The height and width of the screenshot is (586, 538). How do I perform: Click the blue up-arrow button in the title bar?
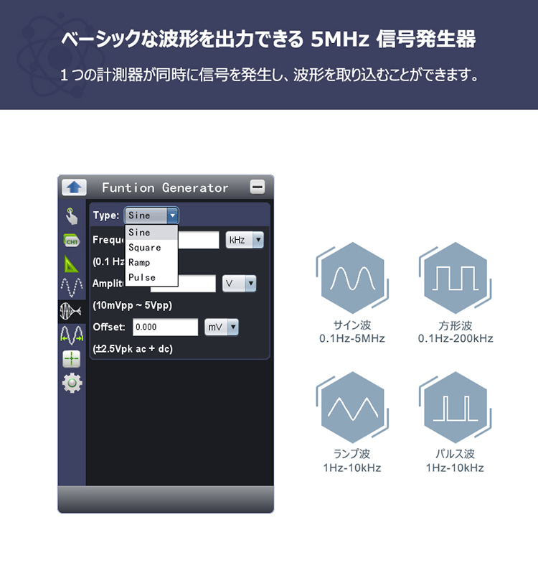[x=74, y=187]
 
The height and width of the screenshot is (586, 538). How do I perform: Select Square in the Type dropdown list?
[x=144, y=248]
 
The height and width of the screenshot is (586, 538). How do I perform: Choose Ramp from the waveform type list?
[x=139, y=262]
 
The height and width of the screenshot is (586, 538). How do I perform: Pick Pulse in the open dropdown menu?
[x=142, y=277]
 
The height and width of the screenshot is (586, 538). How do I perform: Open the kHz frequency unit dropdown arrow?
[x=258, y=240]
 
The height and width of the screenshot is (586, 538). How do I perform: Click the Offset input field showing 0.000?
[x=166, y=327]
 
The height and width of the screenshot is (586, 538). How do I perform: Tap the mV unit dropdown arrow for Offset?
[x=233, y=327]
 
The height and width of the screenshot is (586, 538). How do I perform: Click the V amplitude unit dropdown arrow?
[x=251, y=283]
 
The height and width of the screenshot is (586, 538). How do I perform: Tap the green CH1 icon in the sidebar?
[x=71, y=241]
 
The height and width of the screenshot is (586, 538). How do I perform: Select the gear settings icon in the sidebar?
[x=72, y=383]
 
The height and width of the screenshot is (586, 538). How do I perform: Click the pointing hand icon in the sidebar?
[x=72, y=216]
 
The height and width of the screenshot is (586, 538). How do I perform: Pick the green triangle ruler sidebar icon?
[x=71, y=264]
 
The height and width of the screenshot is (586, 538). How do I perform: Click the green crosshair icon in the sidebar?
[x=72, y=359]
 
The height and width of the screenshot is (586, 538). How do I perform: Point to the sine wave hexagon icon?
[x=352, y=278]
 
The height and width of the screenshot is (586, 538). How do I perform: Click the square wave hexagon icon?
[x=456, y=278]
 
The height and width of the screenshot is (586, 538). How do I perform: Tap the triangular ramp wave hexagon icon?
[x=352, y=407]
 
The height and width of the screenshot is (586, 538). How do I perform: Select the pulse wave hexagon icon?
[x=456, y=407]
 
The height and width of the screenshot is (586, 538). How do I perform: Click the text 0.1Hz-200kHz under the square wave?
[x=456, y=338]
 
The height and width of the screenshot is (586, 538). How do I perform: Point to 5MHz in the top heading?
[x=340, y=39]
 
